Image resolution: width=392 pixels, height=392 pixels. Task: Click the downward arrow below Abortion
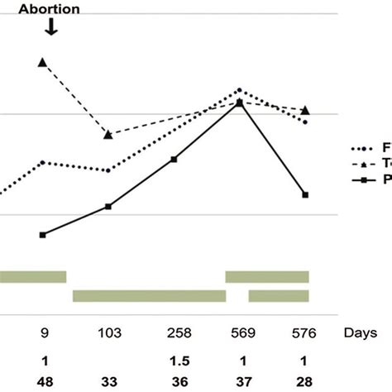(51, 27)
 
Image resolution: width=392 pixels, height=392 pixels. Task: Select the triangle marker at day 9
(43, 62)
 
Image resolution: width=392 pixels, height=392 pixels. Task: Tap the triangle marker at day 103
(108, 134)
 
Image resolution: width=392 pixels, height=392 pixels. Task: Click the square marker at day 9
(43, 235)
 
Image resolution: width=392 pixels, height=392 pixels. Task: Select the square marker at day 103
(108, 206)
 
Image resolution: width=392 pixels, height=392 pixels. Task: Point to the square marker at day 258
(174, 159)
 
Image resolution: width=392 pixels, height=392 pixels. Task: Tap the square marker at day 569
(239, 103)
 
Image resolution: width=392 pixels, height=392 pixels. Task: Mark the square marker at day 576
(305, 195)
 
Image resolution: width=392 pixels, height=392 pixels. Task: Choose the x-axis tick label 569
(239, 332)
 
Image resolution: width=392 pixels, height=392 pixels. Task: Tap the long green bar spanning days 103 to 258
(149, 296)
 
